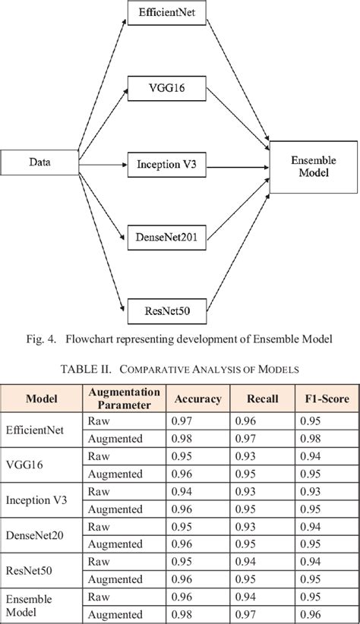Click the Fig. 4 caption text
180,338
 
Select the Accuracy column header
197,399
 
